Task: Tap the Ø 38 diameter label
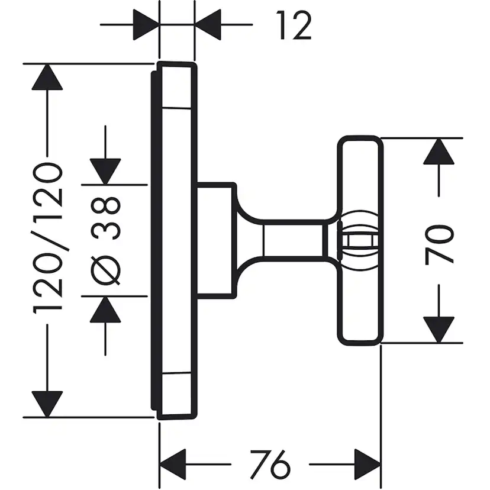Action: pyautogui.click(x=107, y=240)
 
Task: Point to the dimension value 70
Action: pyautogui.click(x=439, y=242)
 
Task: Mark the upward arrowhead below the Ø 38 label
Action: pyautogui.click(x=106, y=309)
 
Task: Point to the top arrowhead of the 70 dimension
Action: pyautogui.click(x=439, y=151)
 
